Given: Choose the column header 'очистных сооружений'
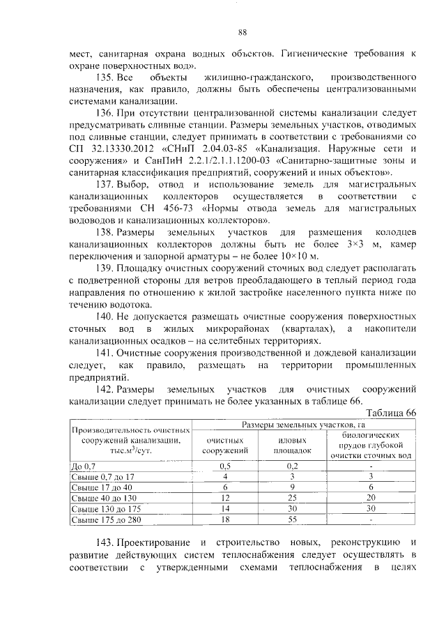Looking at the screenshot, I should coord(225,446).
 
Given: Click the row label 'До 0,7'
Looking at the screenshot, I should coord(86,465).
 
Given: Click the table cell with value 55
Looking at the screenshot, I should coord(293,519).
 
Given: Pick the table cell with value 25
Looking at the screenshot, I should coord(293,497).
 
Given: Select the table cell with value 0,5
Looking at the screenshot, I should coord(225,465).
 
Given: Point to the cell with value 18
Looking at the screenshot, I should coord(225,519).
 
